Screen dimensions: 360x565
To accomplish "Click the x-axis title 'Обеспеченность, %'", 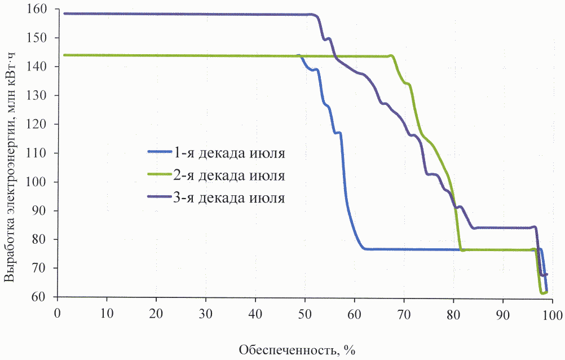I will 297,350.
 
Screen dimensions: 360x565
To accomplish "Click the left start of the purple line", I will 65,14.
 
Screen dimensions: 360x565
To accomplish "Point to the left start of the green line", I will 65,55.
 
